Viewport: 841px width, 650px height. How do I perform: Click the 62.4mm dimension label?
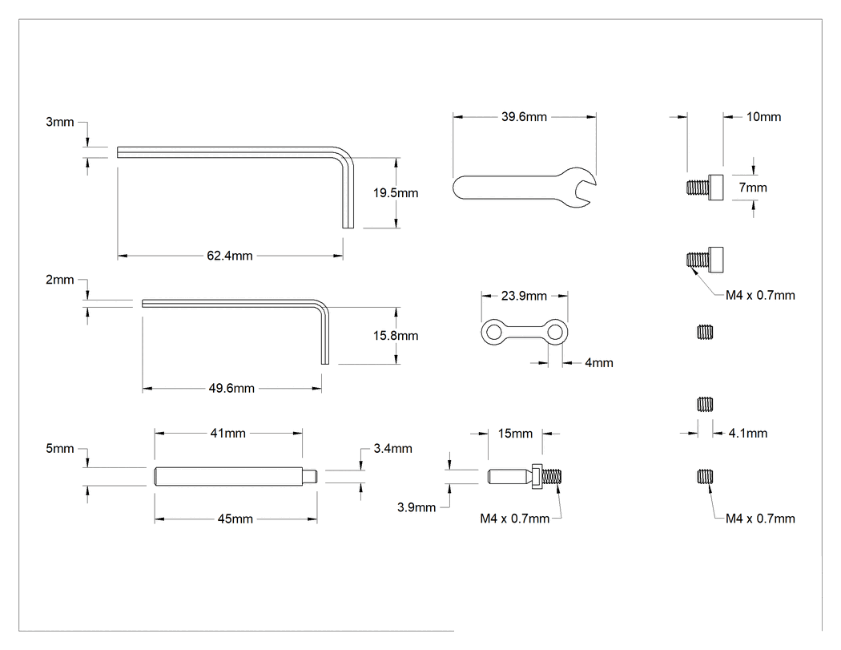(230, 256)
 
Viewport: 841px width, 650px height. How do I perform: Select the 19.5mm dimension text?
(396, 192)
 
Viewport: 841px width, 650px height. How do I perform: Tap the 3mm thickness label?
(59, 122)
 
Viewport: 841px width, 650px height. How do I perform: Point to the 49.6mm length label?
(231, 388)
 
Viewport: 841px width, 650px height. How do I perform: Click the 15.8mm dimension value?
(396, 336)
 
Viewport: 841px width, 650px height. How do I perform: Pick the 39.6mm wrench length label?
(524, 116)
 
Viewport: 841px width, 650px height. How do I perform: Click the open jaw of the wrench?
(585, 187)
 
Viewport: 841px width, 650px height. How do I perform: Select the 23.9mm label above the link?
(524, 296)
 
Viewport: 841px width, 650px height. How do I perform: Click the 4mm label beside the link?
(598, 363)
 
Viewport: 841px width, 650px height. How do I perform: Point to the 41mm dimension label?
(228, 433)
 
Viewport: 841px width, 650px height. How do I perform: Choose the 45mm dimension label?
(235, 519)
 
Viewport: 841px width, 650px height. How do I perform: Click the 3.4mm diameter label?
(392, 448)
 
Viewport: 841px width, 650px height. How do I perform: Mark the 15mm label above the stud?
(515, 433)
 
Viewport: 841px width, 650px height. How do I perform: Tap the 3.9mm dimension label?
(416, 507)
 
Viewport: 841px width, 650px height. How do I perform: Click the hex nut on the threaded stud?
(537, 476)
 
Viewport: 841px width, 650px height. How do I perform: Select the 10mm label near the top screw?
(764, 116)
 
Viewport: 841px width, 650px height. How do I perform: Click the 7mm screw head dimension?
(753, 188)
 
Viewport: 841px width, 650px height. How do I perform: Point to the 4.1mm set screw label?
(747, 433)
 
